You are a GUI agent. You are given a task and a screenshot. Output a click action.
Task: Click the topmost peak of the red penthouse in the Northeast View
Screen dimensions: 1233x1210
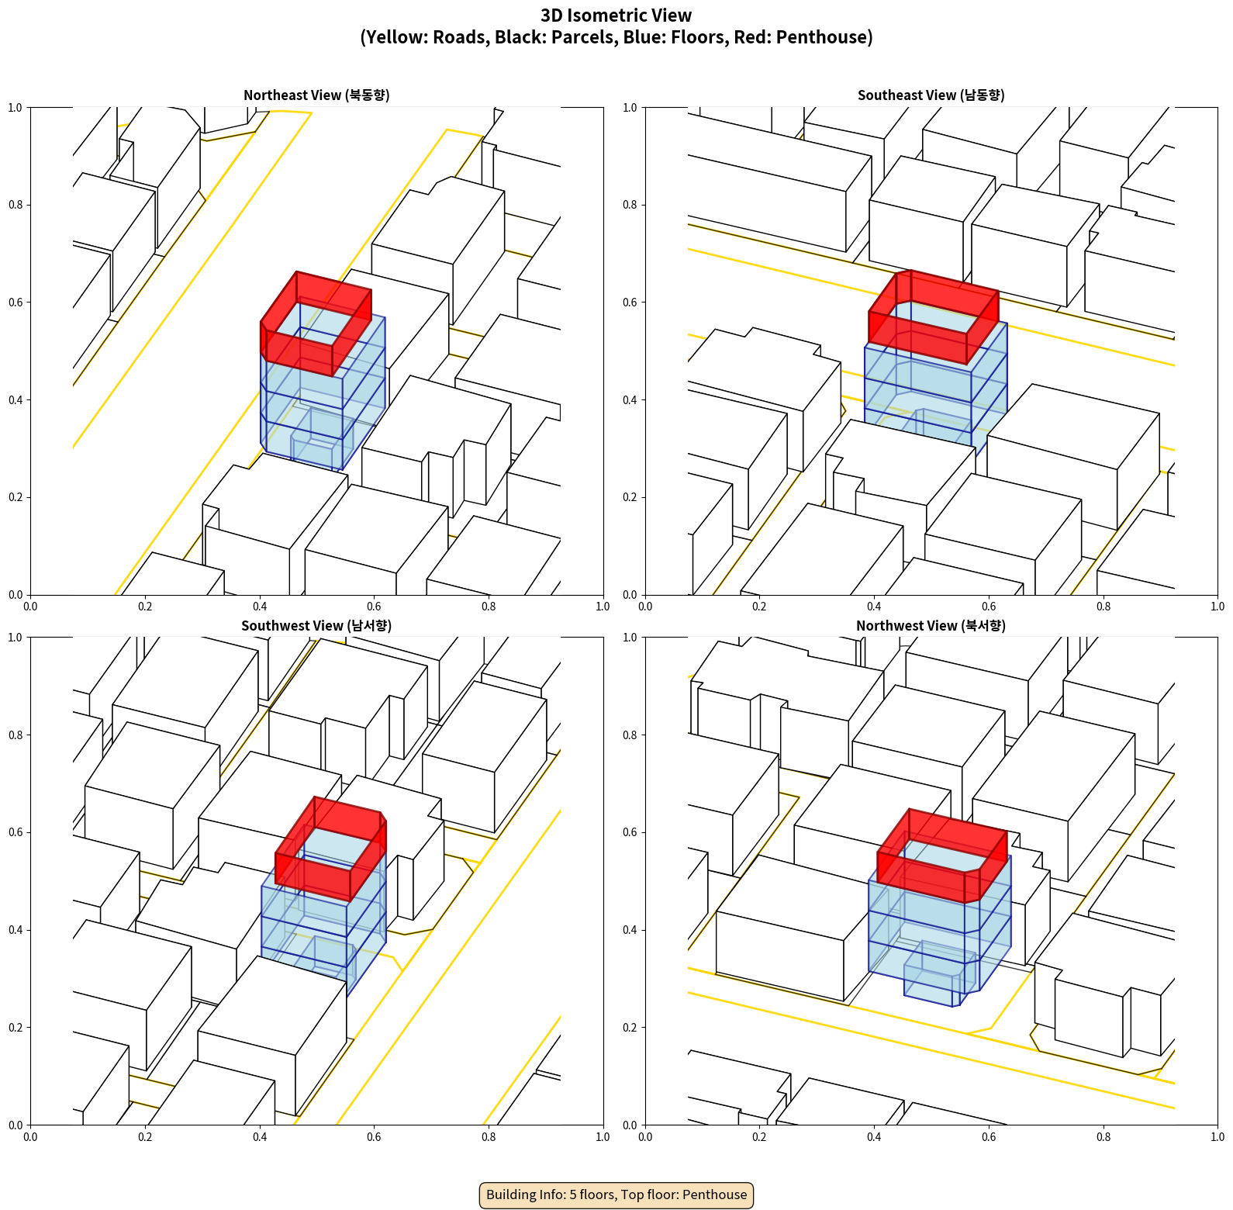click(x=296, y=271)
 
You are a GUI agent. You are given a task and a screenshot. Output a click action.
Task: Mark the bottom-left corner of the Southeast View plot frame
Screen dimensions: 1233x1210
click(x=645, y=595)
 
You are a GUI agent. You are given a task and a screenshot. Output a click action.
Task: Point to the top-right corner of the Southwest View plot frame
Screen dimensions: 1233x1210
click(x=603, y=638)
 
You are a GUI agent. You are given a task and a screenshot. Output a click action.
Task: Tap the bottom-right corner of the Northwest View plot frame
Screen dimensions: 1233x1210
click(x=1218, y=1125)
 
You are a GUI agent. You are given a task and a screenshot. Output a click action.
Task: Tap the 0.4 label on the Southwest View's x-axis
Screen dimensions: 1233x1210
click(x=260, y=1137)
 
